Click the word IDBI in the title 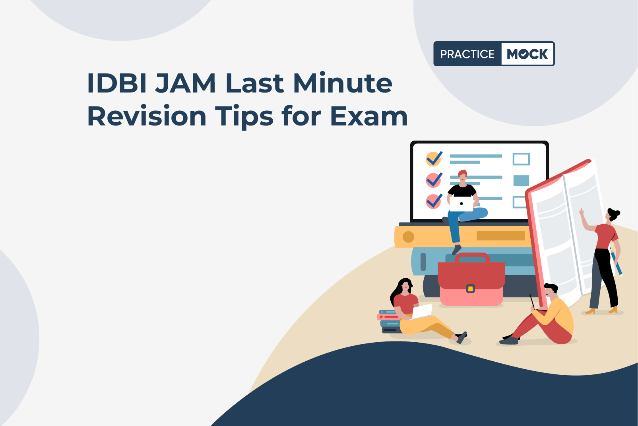tap(117, 83)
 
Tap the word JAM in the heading tap(185, 83)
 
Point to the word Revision tap(147, 116)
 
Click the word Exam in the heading tap(369, 116)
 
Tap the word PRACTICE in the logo tap(467, 54)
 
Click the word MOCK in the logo tap(527, 54)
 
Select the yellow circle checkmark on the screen tap(434, 159)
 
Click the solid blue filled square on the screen tap(521, 181)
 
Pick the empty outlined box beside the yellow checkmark tap(521, 159)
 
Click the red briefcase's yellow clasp tap(470, 289)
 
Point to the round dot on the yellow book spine tap(408, 237)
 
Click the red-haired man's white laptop tap(461, 204)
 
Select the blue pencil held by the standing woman tap(616, 262)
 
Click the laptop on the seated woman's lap tap(421, 312)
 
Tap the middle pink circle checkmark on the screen tap(434, 180)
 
